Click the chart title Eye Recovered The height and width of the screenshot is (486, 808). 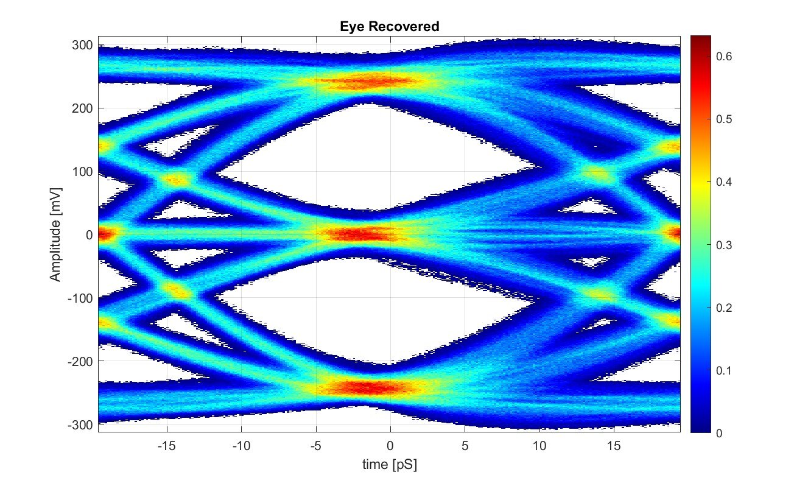pyautogui.click(x=389, y=27)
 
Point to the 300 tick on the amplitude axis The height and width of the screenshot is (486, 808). pyautogui.click(x=82, y=45)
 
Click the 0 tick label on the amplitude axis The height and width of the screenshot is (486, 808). pyautogui.click(x=89, y=234)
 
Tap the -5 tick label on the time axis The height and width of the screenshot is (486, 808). pyautogui.click(x=315, y=446)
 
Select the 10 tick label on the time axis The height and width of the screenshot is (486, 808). pyautogui.click(x=539, y=446)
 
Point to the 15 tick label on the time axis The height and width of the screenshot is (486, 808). pyautogui.click(x=614, y=446)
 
